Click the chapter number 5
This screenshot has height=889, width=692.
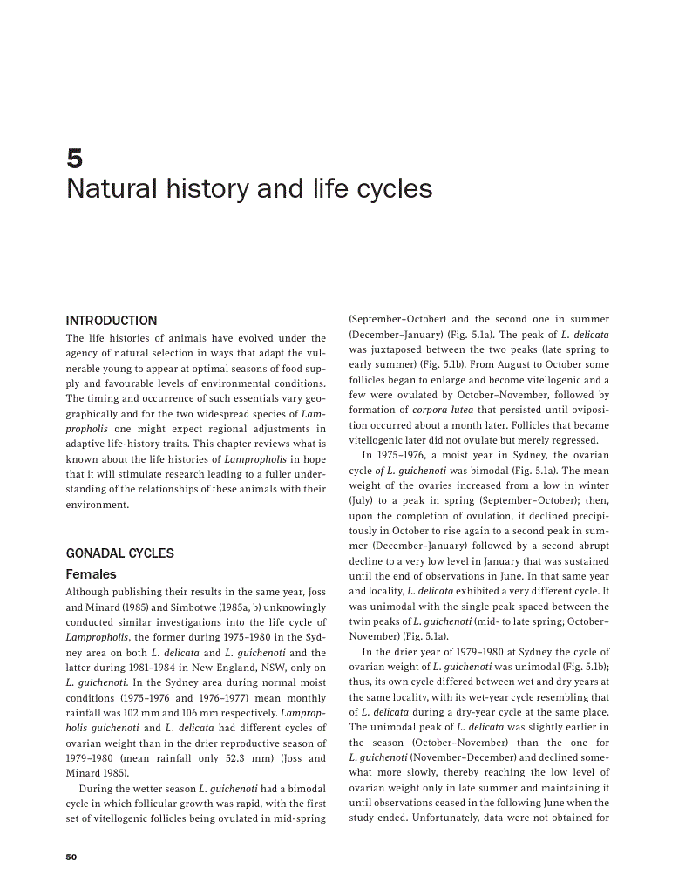(x=74, y=158)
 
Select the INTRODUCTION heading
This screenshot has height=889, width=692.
(x=112, y=321)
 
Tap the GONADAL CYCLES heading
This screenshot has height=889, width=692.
(x=120, y=553)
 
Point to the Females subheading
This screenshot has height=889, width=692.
(x=92, y=574)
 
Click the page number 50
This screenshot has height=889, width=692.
(x=71, y=857)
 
